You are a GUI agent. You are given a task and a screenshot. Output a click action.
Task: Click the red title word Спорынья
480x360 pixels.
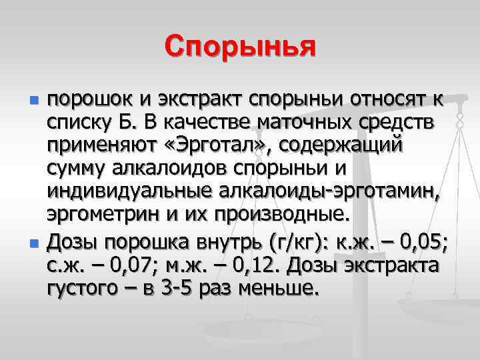tap(240, 47)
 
